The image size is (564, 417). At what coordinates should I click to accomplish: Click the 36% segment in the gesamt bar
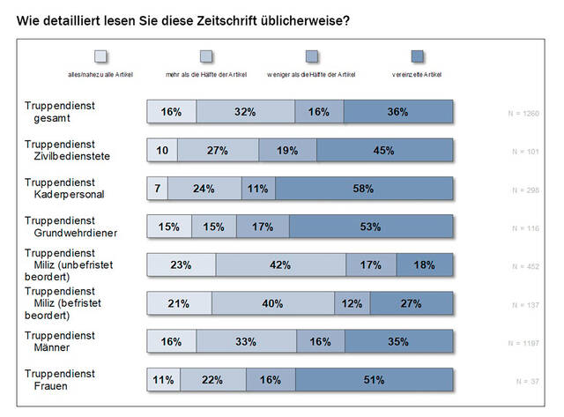pos(398,112)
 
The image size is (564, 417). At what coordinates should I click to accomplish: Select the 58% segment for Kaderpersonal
pos(364,188)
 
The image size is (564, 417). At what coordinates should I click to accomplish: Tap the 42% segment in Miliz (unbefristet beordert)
pos(281,264)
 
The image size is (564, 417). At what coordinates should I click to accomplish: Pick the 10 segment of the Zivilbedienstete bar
pos(162,150)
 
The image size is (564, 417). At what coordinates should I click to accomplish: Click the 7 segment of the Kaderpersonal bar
pos(157,188)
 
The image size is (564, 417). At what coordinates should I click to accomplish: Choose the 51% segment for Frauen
pos(375,380)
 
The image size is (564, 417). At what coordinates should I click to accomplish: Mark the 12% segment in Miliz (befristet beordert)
pos(352,303)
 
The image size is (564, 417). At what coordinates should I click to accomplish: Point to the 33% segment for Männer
pos(247,341)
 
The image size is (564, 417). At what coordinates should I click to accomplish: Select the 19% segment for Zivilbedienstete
pos(287,150)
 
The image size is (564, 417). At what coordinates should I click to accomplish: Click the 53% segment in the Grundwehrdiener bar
pos(371,227)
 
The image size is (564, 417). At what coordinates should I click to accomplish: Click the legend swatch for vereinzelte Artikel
pos(419,57)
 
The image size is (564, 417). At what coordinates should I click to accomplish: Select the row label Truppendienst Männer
pos(60,341)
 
